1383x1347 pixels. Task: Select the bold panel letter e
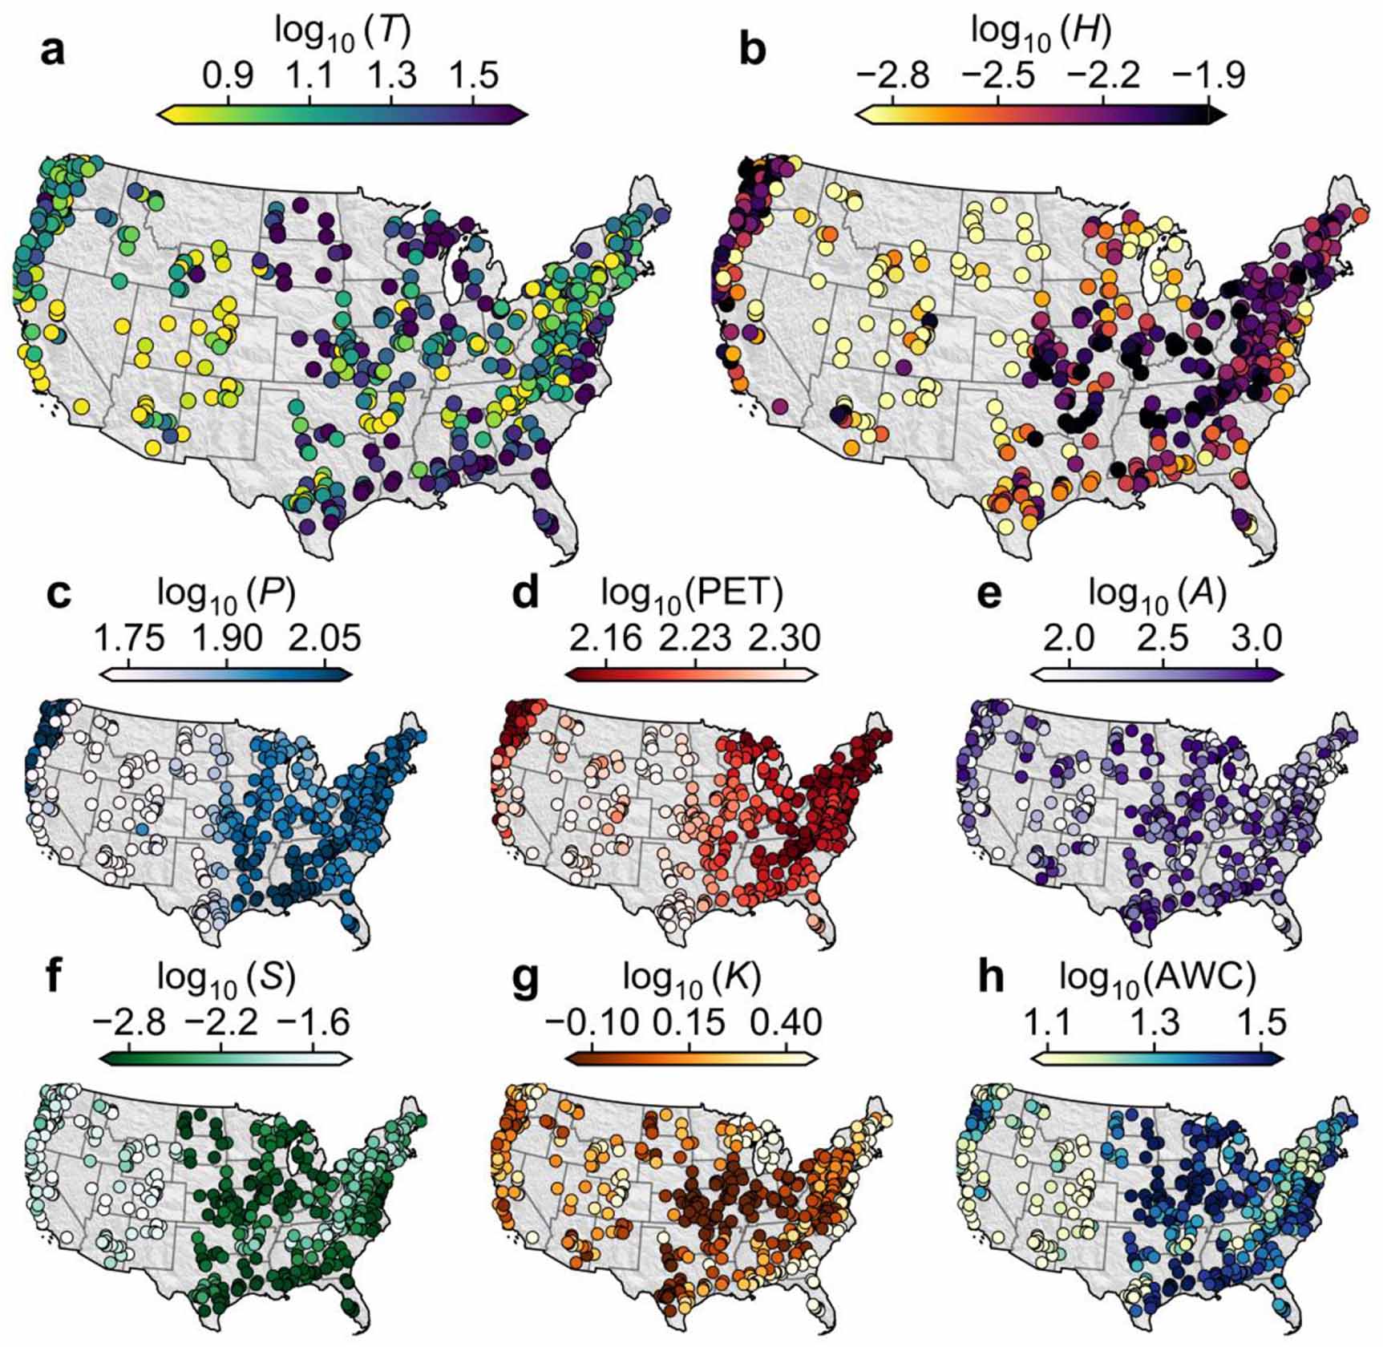990,596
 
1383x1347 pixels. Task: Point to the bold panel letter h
991,981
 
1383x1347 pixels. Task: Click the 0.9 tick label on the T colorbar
228,76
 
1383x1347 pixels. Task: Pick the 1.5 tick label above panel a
473,76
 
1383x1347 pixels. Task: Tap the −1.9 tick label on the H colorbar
1208,76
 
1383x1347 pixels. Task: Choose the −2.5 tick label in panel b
998,76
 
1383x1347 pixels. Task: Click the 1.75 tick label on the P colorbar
130,639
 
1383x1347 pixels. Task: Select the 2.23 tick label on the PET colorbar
695,639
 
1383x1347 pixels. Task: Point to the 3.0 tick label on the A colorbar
1256,639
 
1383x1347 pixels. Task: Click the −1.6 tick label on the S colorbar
313,1023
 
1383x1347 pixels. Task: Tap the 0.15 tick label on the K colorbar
690,1023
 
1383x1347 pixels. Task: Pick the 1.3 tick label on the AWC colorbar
1155,1023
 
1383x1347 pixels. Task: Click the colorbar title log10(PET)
692,594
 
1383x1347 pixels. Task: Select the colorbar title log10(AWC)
1157,979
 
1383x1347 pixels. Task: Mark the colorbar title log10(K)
692,979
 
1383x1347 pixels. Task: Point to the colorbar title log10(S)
227,979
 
